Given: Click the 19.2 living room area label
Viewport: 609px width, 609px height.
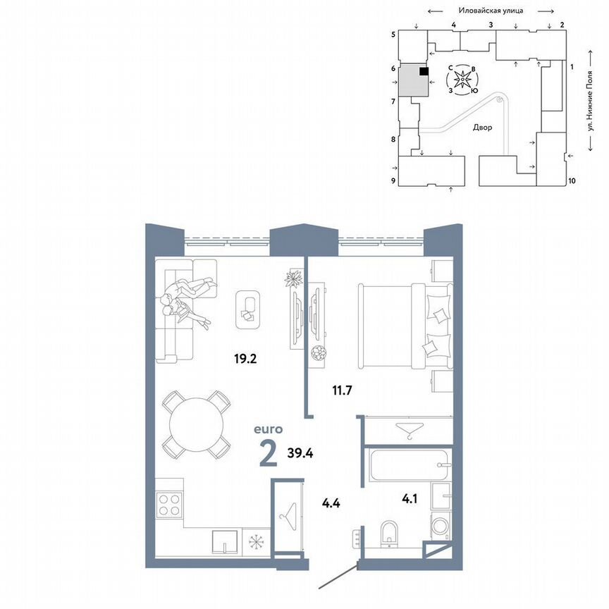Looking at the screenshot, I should tap(245, 358).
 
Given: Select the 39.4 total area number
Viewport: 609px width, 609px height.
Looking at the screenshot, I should tap(300, 452).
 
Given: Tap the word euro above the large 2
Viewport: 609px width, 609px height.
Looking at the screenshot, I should tap(269, 428).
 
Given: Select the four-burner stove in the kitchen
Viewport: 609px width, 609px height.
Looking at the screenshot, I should tap(170, 505).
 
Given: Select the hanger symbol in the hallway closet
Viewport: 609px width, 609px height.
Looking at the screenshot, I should tap(287, 518).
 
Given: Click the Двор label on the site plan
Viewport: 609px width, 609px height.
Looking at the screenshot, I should tap(483, 128).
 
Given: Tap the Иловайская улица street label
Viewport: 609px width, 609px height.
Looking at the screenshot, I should tap(489, 11).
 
